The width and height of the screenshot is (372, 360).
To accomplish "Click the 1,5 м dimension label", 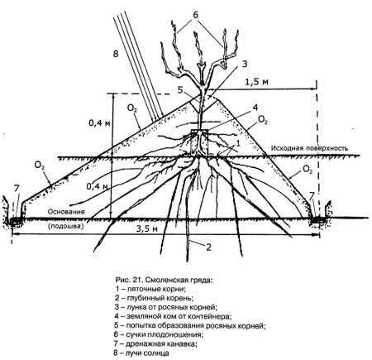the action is tap(256, 82).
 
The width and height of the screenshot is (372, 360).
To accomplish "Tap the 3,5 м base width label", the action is tap(148, 228).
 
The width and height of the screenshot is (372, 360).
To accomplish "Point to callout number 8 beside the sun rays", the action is tap(116, 54).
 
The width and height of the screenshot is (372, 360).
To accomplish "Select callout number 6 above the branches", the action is tap(195, 15).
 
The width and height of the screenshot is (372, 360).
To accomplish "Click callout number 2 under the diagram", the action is tap(208, 247).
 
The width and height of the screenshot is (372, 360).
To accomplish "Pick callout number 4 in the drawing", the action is tap(255, 108).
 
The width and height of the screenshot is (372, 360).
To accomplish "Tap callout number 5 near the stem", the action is tap(180, 90).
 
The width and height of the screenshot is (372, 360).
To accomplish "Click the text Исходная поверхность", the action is tap(309, 148).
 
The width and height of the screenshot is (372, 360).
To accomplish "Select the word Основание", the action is tap(66, 212).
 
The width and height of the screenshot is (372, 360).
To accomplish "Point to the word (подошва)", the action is tap(65, 227).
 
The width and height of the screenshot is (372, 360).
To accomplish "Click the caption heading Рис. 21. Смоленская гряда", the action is tap(165, 281).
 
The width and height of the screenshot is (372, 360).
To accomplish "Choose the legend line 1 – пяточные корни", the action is tap(150, 289).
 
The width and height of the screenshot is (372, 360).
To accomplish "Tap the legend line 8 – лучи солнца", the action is tap(142, 353).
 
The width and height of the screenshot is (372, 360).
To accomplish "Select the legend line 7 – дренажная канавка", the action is tap(155, 343).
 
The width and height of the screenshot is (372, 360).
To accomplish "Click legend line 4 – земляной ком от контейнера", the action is tap(173, 316).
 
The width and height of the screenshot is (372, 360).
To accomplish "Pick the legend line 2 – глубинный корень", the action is tap(154, 298).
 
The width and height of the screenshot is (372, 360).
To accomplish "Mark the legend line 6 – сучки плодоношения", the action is tap(159, 334).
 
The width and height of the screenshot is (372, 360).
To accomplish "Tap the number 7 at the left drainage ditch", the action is tap(17, 189).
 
